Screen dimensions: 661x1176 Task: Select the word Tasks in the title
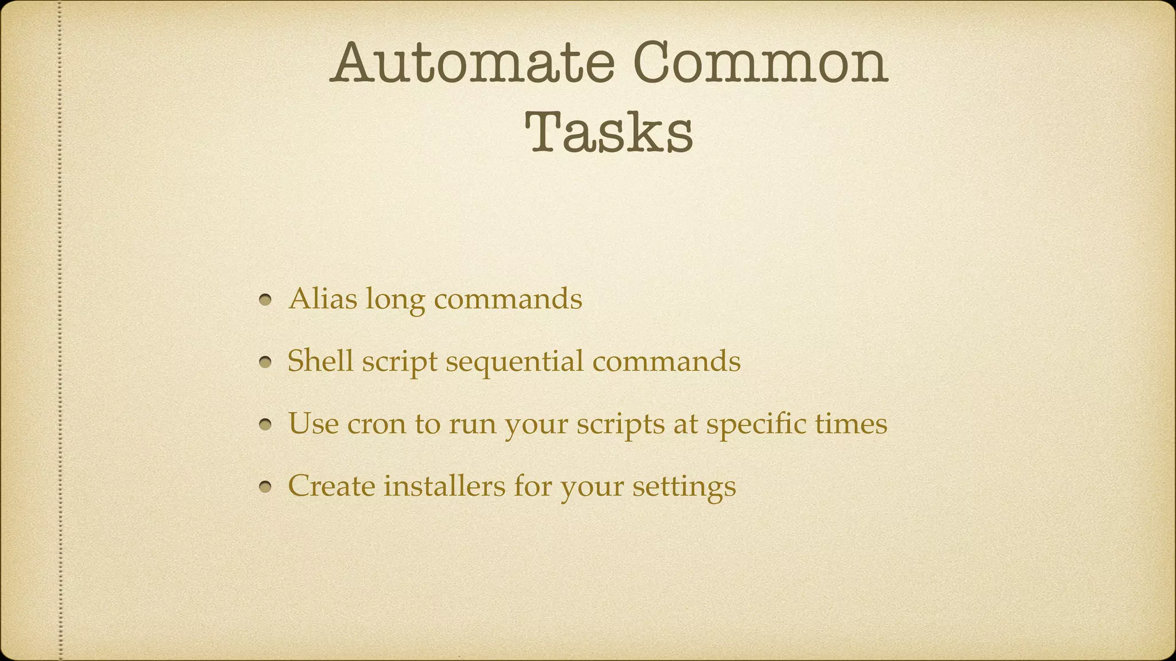[x=609, y=133]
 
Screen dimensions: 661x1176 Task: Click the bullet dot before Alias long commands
[x=265, y=300]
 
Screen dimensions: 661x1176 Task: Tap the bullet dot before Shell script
[x=265, y=363]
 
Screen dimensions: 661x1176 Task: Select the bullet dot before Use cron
[x=265, y=425]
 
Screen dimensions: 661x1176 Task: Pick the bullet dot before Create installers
[x=265, y=488]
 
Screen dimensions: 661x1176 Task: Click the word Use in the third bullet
[x=313, y=423]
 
